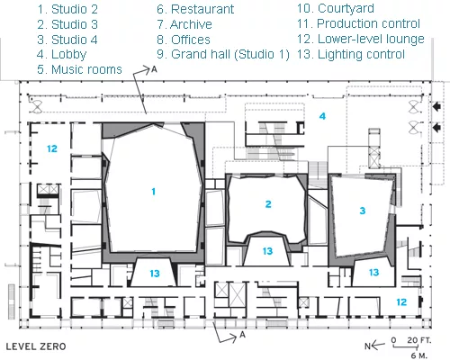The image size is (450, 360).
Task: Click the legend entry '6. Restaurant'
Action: pyautogui.click(x=195, y=9)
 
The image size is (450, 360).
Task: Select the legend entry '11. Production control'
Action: pyautogui.click(x=358, y=23)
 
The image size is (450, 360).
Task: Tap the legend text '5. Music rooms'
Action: pyautogui.click(x=79, y=69)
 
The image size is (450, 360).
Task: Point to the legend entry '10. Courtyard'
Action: pyautogui.click(x=336, y=8)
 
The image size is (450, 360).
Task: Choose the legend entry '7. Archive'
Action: pyautogui.click(x=184, y=24)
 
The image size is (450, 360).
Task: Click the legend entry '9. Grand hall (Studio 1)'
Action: pyautogui.click(x=223, y=54)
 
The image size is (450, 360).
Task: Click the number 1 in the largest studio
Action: pyautogui.click(x=154, y=192)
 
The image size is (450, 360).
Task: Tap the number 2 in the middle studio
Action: pyautogui.click(x=268, y=204)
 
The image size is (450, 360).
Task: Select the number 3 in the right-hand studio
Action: pyautogui.click(x=363, y=211)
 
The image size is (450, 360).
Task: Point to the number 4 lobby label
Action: pyautogui.click(x=322, y=116)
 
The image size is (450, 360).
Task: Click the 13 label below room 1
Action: pyautogui.click(x=155, y=274)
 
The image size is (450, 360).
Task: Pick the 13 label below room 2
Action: pyautogui.click(x=267, y=251)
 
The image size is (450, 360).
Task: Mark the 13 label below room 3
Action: pyautogui.click(x=373, y=273)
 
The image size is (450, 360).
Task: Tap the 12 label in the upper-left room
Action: pyautogui.click(x=52, y=148)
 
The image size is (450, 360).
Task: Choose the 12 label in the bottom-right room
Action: pyautogui.click(x=401, y=302)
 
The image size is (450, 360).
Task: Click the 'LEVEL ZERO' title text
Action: pyautogui.click(x=36, y=346)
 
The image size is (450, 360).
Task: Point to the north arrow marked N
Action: pyautogui.click(x=374, y=346)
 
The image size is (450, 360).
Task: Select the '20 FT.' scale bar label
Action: pyautogui.click(x=419, y=340)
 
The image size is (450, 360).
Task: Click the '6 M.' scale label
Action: pyautogui.click(x=418, y=355)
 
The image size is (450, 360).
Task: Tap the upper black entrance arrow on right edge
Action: pyautogui.click(x=437, y=106)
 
